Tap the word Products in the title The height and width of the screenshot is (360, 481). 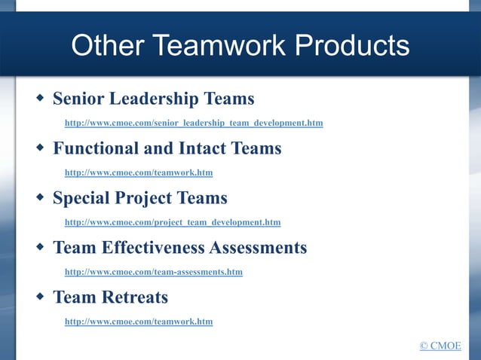(x=352, y=46)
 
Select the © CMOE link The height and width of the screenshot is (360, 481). (x=440, y=346)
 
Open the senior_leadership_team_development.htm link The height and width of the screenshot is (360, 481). (x=194, y=123)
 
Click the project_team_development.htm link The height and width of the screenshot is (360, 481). (x=173, y=222)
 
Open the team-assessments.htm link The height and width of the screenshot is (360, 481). (x=154, y=272)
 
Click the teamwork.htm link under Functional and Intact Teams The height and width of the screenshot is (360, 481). (x=139, y=172)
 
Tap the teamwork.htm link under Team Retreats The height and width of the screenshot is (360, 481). (x=139, y=322)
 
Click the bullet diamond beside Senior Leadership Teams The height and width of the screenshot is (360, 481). (x=39, y=98)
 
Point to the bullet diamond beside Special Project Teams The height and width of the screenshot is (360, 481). (x=39, y=197)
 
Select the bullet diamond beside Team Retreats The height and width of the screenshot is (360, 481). (x=39, y=297)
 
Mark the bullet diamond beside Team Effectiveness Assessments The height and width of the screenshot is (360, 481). (x=39, y=247)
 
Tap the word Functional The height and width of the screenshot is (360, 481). (x=94, y=148)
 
